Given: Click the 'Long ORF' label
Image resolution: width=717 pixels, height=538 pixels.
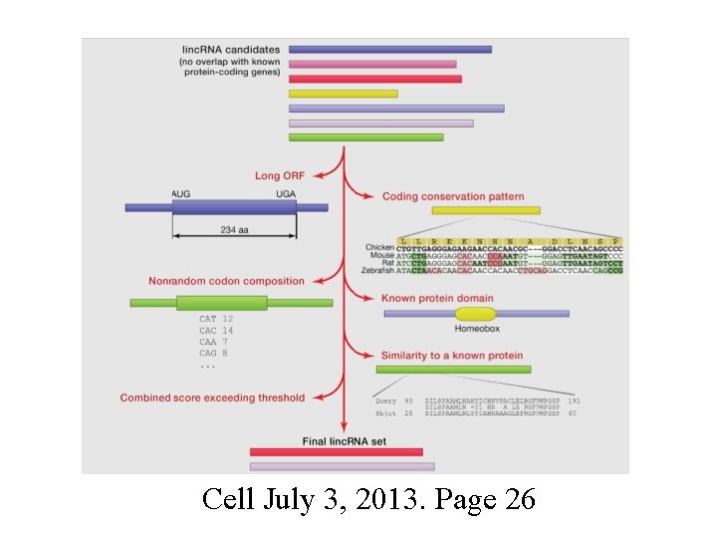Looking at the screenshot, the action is [279, 176].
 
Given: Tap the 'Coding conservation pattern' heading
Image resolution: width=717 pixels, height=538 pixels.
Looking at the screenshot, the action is [452, 196].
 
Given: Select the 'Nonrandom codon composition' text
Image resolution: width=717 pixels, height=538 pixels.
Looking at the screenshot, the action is [226, 281].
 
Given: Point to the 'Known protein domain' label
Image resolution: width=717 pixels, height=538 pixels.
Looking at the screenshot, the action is [437, 298].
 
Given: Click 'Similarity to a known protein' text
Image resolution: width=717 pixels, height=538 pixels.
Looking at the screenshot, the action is [451, 355].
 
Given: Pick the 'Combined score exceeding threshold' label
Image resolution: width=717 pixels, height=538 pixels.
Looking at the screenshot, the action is [212, 398].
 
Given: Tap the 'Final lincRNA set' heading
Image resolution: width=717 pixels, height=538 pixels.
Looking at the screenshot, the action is [345, 440].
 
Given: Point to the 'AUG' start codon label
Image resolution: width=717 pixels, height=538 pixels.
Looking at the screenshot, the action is [183, 192].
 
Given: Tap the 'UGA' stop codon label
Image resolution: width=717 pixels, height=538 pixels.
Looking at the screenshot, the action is [287, 192].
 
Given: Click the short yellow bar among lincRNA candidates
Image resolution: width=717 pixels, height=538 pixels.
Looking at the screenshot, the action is [343, 94].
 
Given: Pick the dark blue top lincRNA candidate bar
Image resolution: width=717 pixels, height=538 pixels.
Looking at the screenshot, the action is [389, 49].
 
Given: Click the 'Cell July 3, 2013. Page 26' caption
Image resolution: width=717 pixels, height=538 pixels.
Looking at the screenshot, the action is [367, 499].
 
